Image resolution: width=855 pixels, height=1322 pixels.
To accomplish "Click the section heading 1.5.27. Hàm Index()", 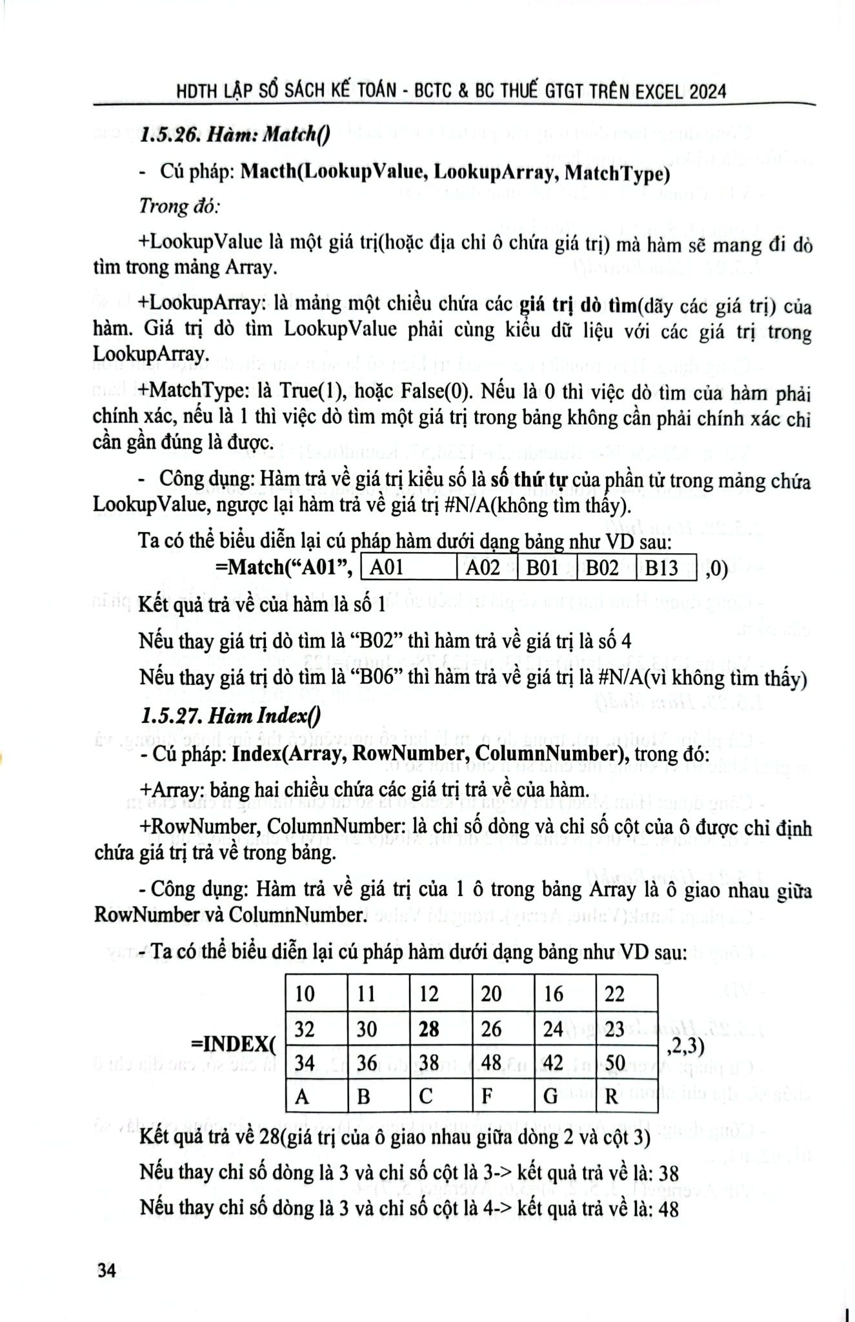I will coord(230,716).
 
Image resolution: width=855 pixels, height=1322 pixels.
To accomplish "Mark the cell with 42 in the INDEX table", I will coord(554,1063).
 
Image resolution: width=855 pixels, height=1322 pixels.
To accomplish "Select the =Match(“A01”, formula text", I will coord(283,568).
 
